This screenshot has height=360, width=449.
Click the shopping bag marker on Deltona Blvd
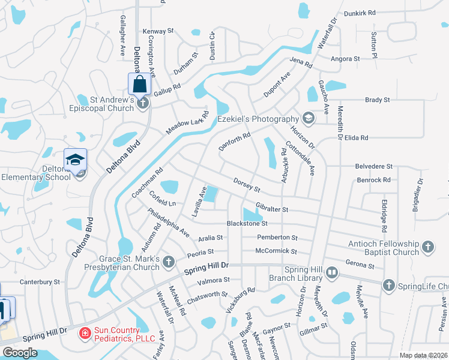[x=139, y=83]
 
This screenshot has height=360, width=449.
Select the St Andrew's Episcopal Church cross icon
[x=143, y=103]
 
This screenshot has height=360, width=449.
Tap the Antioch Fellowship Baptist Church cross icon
[x=427, y=247]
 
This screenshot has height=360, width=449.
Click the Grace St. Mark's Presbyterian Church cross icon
[x=169, y=261]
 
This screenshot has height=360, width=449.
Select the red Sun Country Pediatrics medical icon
[x=85, y=332]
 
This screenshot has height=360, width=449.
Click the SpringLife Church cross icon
[x=389, y=286]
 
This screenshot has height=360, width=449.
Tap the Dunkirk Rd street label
[x=360, y=13]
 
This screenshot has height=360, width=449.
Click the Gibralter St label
[x=273, y=209]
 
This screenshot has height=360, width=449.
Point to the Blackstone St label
[x=247, y=223]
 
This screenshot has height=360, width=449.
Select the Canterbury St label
[x=40, y=281]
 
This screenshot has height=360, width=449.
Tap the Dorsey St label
[x=246, y=185]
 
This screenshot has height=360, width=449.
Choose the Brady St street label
[x=378, y=100]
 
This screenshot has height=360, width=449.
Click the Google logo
[x=20, y=353]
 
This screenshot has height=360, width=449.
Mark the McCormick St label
[x=276, y=251]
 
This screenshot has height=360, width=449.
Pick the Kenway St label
[x=158, y=31]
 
